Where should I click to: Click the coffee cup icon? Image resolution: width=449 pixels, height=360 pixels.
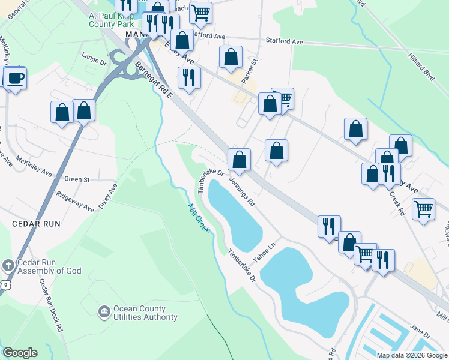(16, 78)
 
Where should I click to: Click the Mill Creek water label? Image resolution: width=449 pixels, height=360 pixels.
(199, 218)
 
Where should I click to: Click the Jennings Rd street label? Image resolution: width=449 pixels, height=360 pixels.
(243, 191)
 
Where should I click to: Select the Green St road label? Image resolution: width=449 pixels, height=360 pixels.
(77, 179)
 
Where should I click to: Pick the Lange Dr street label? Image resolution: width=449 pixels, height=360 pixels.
(94, 58)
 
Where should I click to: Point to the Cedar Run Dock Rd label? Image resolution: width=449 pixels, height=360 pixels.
(52, 305)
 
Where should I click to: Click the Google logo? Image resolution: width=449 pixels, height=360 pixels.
(20, 353)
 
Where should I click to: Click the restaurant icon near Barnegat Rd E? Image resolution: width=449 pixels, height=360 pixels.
(189, 78)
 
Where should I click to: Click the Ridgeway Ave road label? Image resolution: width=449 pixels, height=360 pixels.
(74, 201)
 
